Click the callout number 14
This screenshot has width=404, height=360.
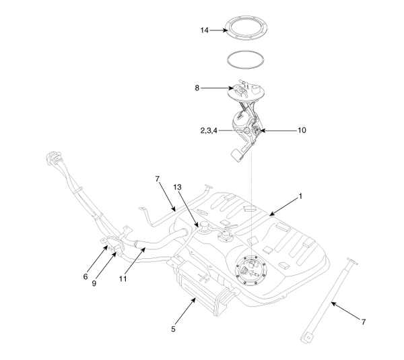coord(205,30)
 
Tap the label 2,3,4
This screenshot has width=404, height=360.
coord(209,130)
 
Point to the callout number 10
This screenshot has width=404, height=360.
coord(302,130)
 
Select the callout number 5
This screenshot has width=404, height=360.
coord(173,330)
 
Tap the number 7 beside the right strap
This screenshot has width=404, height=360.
coord(364,322)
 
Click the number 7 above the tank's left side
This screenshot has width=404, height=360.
coord(157,180)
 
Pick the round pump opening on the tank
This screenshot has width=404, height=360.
coord(251,271)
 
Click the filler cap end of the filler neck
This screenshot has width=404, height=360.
coord(50,160)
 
